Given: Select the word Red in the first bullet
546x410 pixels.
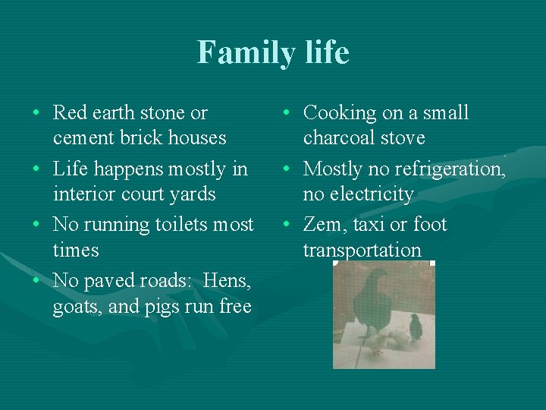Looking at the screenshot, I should [70, 113].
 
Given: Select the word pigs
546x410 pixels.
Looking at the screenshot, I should [166, 307].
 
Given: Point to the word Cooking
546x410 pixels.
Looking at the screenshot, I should [340, 113].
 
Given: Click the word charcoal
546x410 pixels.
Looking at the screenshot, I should [344, 138].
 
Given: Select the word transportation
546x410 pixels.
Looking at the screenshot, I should [362, 251].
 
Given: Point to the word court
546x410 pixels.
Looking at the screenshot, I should [146, 194].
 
